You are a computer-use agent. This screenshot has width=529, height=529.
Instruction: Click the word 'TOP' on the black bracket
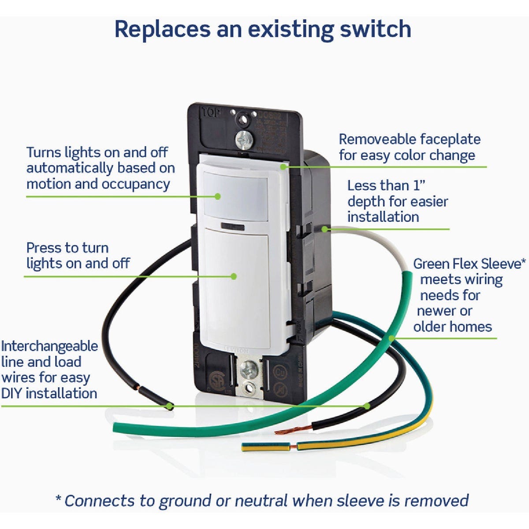211,112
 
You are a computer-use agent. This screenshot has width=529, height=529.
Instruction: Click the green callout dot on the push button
234,276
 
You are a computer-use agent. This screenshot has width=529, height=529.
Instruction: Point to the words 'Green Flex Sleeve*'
469,264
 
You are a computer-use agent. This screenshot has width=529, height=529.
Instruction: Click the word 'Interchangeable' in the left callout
49,346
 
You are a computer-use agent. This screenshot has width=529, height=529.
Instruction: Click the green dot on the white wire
324,229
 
